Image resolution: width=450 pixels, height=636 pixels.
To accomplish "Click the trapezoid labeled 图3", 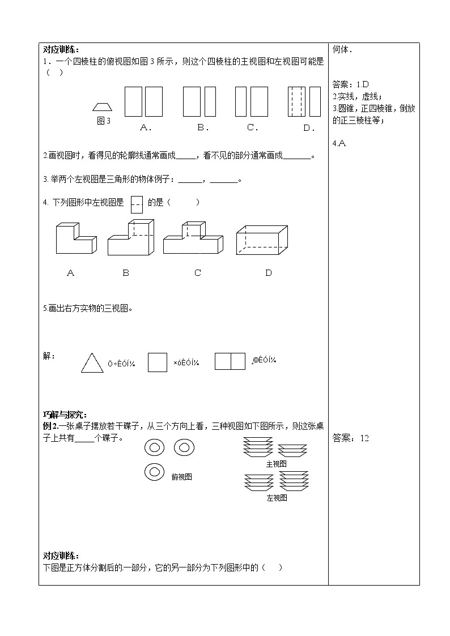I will click(x=103, y=106).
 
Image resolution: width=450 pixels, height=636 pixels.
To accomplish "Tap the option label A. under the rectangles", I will click(x=146, y=127).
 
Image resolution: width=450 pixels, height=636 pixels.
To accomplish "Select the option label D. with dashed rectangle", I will click(x=309, y=128).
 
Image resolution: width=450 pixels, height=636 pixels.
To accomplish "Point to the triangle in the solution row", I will click(x=92, y=363).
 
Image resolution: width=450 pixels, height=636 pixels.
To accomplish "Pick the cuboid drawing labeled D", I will click(x=262, y=240).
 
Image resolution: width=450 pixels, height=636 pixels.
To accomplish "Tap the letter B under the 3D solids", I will click(x=126, y=273).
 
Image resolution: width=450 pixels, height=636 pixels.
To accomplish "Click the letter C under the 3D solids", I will click(x=198, y=273).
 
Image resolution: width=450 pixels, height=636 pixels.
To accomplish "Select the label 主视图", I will click(x=276, y=464).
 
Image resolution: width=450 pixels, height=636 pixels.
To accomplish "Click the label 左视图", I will click(x=277, y=498).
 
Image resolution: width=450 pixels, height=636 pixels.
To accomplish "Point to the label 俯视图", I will click(x=181, y=477).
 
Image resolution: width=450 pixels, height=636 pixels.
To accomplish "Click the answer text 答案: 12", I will click(x=351, y=438).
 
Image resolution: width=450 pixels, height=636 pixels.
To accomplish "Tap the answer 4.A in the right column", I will click(x=339, y=143).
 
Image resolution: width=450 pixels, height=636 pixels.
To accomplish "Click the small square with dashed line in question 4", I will click(x=136, y=204).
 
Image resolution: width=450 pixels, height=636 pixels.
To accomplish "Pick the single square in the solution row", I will click(x=158, y=362).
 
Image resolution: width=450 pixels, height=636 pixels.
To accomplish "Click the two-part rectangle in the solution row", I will click(x=230, y=361).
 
